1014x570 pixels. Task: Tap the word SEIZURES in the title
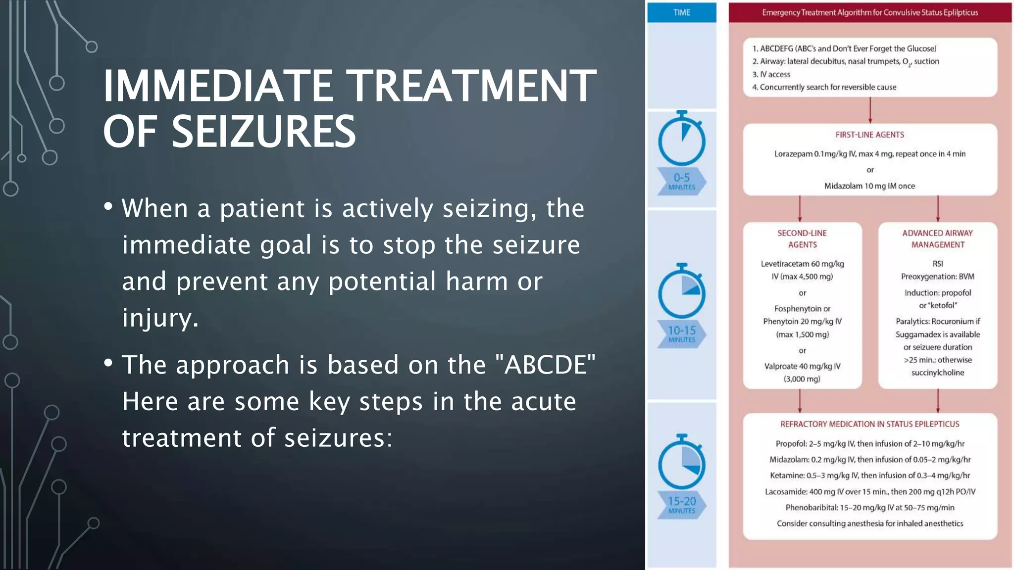(x=263, y=132)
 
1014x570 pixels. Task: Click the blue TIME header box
(x=681, y=12)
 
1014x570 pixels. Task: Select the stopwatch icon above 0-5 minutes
(x=681, y=139)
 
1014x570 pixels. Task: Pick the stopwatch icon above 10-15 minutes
(x=681, y=291)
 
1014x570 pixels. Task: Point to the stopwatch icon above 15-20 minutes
(x=681, y=463)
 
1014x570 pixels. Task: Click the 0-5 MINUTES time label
(x=681, y=181)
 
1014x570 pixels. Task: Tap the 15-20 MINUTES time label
(x=681, y=505)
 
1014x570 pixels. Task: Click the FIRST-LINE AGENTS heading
(x=869, y=135)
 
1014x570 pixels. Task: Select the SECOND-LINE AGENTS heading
(x=802, y=238)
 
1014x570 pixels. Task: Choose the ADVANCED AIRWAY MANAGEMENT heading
(x=937, y=238)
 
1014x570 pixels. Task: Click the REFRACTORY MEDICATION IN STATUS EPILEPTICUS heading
(x=869, y=424)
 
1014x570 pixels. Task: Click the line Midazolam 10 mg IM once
(x=869, y=186)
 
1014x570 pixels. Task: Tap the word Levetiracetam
(x=785, y=264)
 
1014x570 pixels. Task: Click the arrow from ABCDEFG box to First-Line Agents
(x=870, y=110)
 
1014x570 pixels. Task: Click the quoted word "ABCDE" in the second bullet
(x=550, y=365)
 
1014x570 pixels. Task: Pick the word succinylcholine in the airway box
(x=937, y=373)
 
